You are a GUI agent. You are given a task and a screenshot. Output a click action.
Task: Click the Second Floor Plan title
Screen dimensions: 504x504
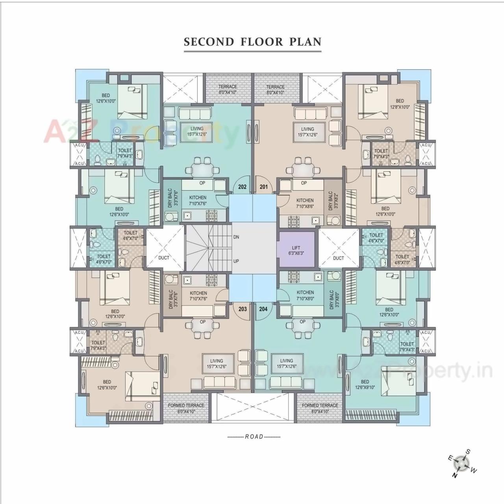pyautogui.click(x=252, y=42)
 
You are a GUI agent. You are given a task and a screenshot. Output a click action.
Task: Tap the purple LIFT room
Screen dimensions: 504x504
pyautogui.click(x=296, y=250)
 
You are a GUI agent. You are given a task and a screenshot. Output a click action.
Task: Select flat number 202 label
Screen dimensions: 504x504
pyautogui.click(x=242, y=186)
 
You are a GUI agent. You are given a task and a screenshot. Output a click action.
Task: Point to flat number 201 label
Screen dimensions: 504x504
pyautogui.click(x=263, y=186)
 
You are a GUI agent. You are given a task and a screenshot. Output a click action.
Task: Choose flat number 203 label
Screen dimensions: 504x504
pyautogui.click(x=243, y=309)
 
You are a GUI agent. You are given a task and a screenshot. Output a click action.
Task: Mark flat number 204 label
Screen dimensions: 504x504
pyautogui.click(x=263, y=309)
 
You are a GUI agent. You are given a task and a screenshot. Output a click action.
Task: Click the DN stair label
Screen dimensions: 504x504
pyautogui.click(x=236, y=237)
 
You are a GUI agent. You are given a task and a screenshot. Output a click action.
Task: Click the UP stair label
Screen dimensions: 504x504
pyautogui.click(x=236, y=261)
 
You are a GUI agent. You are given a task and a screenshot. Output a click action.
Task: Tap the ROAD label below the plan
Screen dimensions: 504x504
pyautogui.click(x=254, y=437)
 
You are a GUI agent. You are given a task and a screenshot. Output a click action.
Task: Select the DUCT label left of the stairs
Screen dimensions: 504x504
pyautogui.click(x=164, y=258)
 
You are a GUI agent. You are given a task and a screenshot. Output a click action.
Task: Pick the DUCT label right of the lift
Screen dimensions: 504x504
pyautogui.click(x=338, y=258)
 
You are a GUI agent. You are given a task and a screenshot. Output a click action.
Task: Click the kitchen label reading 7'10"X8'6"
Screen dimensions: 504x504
pyautogui.click(x=305, y=203)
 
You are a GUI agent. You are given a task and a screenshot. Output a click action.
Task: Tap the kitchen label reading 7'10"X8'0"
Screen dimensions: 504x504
pyautogui.click(x=305, y=295)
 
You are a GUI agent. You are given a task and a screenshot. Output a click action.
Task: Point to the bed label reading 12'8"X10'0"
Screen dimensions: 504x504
pyautogui.click(x=400, y=104)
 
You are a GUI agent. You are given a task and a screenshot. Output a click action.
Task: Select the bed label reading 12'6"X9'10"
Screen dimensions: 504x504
pyautogui.click(x=365, y=384)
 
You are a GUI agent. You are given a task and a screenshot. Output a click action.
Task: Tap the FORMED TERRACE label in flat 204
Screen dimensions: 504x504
pyautogui.click(x=320, y=408)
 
